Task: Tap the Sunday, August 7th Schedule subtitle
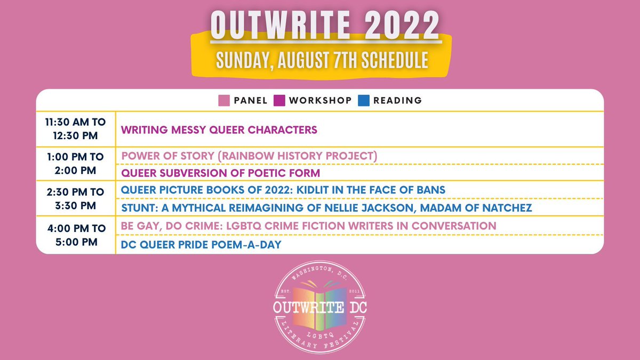tap(322, 60)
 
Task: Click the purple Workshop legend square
tap(279, 100)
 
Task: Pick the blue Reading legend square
tap(364, 100)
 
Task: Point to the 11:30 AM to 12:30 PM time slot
tap(75, 129)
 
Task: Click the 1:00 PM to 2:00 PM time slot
tap(75, 164)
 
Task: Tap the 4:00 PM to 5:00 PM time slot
tap(75, 235)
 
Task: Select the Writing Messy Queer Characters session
tap(219, 130)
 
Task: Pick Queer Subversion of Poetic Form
tap(220, 173)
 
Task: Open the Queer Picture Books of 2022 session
tap(283, 190)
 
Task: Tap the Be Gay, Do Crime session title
tap(309, 226)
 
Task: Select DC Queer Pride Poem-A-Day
tap(202, 244)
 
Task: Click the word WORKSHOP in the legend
tap(320, 100)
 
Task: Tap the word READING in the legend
tap(397, 100)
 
